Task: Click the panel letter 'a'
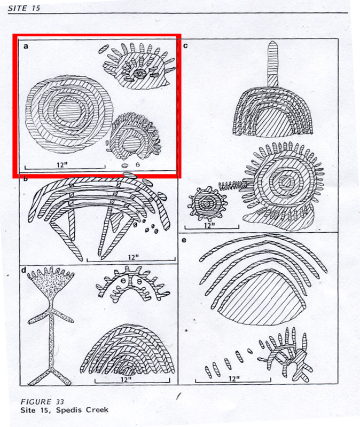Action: [26, 46]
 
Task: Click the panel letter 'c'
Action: [185, 45]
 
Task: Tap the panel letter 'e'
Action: [184, 240]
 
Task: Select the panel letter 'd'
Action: [24, 270]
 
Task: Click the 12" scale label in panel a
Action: [62, 165]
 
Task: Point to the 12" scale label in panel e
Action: [234, 378]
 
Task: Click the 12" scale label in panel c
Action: [209, 225]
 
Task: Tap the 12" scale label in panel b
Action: [134, 257]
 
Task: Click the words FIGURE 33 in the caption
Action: [42, 402]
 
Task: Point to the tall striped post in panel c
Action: [272, 64]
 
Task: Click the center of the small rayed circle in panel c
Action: [207, 203]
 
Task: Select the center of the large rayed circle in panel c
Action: [286, 181]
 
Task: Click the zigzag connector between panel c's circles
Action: [234, 185]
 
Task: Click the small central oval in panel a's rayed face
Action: [139, 73]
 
